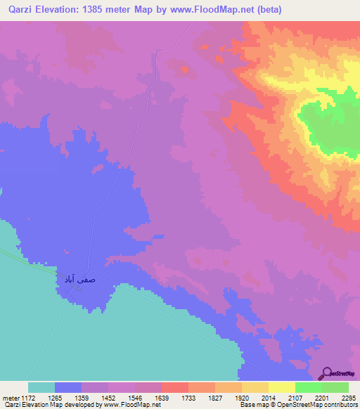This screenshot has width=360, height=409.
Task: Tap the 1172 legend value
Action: pyautogui.click(x=28, y=397)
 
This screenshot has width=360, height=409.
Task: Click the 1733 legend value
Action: pyautogui.click(x=188, y=397)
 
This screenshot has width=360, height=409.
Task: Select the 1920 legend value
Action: pyautogui.click(x=242, y=397)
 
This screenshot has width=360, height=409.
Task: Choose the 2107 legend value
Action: pyautogui.click(x=295, y=397)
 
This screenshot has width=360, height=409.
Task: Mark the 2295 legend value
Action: pyautogui.click(x=348, y=397)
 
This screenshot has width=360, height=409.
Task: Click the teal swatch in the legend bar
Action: pyautogui.click(x=41, y=387)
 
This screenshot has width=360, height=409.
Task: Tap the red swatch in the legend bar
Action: pyautogui.click(x=174, y=387)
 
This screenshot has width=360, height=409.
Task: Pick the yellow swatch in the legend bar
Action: pyautogui.click(x=281, y=387)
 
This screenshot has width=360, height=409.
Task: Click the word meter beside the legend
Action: pyautogui.click(x=9, y=397)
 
